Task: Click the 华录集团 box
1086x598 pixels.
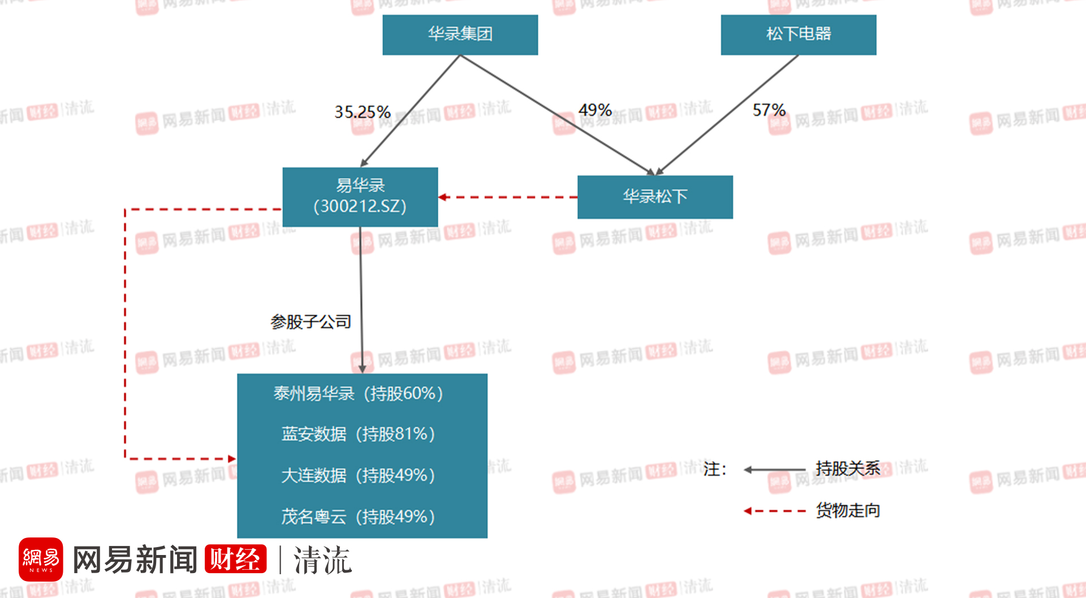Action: coord(460,35)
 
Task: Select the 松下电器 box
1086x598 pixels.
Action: coord(798,35)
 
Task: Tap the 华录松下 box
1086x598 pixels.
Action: coord(655,197)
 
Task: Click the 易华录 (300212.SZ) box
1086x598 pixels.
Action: coord(360,196)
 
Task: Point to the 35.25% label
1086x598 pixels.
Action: coord(362,112)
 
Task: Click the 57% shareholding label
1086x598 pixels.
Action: coord(769,110)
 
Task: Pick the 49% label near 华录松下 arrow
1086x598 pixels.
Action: coord(594,110)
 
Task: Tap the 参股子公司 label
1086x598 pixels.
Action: coord(311,322)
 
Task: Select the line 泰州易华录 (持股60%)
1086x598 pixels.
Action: coord(358,393)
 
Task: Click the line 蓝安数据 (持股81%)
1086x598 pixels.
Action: coord(358,434)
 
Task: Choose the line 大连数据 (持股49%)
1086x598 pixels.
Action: coord(358,475)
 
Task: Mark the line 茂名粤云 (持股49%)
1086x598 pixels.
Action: coord(358,517)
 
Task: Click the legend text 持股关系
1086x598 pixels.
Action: coord(847,468)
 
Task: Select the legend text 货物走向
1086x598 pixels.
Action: coord(847,510)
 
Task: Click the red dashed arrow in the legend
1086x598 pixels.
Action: coord(774,511)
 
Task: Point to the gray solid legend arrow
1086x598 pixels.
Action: coord(774,470)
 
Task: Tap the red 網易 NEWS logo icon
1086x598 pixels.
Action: coord(41,560)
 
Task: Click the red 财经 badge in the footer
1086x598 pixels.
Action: coord(235,559)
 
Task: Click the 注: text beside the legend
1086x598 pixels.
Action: coord(714,469)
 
